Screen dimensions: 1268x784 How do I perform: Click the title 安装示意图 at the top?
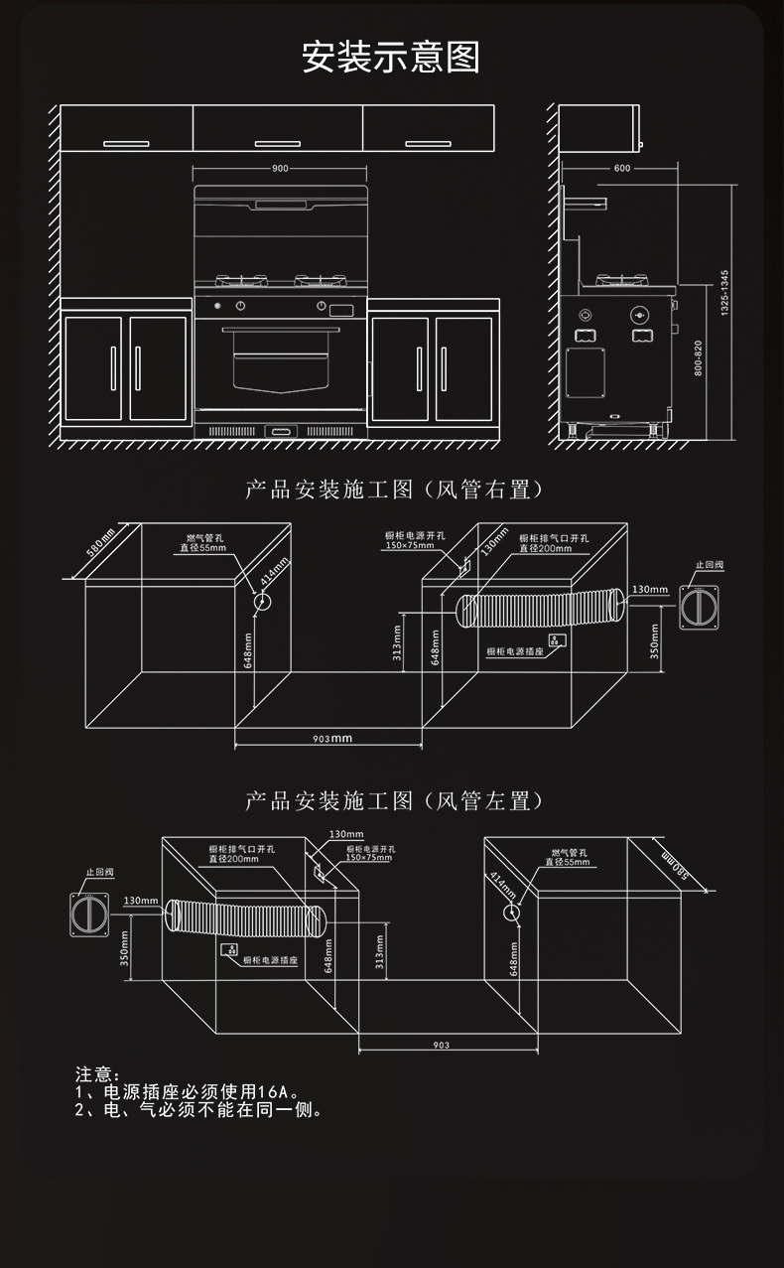coord(391,58)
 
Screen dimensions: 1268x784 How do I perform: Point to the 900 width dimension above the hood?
coord(280,169)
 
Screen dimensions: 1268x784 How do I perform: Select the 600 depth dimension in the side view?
coord(622,169)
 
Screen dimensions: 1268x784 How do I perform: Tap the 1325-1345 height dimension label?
coord(724,292)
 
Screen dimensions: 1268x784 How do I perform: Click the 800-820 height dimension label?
coord(700,357)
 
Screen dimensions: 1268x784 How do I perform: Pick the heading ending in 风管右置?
coord(395,491)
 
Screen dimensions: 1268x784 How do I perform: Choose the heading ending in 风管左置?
coord(395,801)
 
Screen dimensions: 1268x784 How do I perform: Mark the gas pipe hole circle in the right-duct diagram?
coord(263,601)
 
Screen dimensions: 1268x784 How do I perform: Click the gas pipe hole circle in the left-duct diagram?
coord(510,912)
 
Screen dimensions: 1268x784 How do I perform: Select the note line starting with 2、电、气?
coord(198,1110)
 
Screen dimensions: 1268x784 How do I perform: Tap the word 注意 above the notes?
coord(96,1074)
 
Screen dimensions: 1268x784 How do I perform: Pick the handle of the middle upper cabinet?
coord(279,144)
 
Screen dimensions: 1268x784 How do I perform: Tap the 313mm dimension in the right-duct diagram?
coord(397,643)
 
